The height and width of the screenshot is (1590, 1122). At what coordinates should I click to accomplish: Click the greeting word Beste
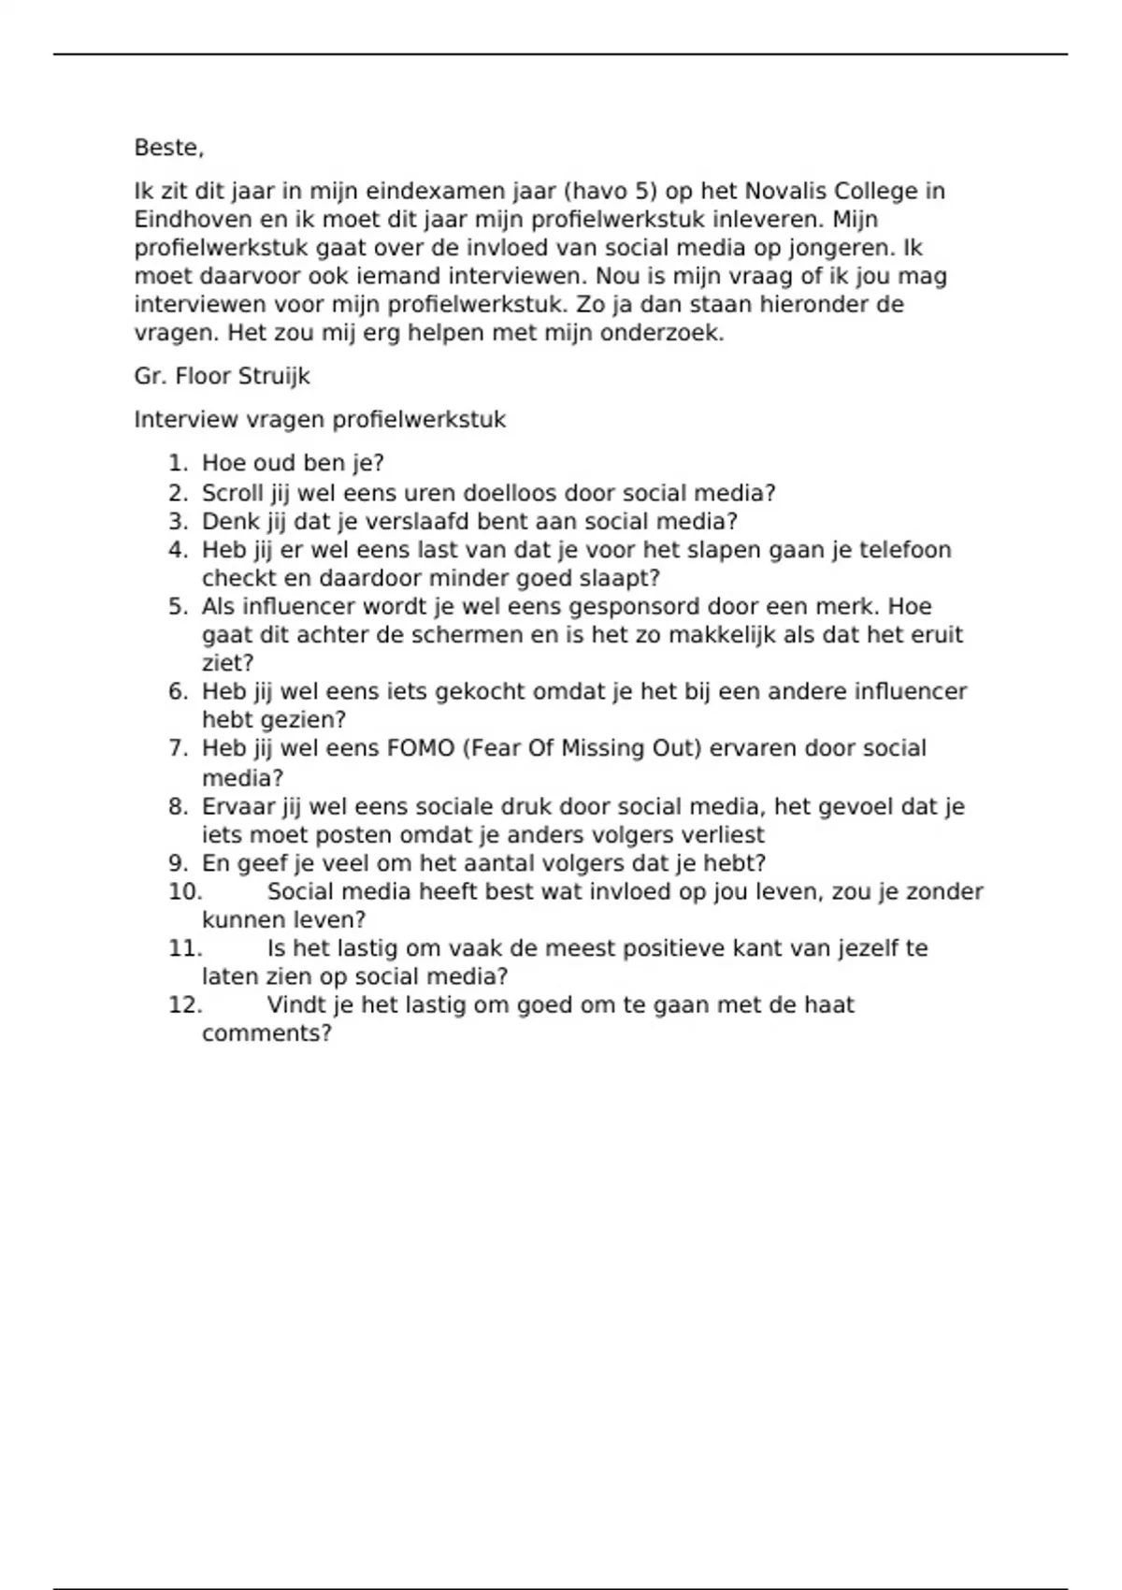(166, 148)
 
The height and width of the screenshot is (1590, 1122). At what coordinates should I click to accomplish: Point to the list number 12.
(185, 1005)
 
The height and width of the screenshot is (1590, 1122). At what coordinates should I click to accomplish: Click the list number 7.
(178, 748)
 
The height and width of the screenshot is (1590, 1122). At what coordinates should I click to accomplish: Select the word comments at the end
(266, 1033)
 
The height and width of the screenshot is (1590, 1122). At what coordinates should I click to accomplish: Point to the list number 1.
(178, 464)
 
